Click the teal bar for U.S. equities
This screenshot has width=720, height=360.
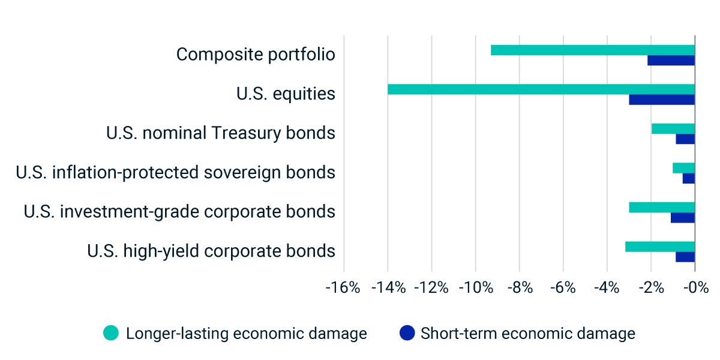point(540,89)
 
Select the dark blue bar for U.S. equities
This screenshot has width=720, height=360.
point(661,100)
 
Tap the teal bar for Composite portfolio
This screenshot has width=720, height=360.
point(592,50)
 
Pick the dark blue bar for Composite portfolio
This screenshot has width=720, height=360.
point(671,61)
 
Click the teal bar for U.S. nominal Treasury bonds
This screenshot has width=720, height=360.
point(673,128)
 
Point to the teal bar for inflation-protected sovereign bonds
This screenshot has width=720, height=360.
point(683,168)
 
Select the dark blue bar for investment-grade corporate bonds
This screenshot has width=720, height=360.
point(682,217)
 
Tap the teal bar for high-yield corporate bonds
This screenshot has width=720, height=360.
point(659,247)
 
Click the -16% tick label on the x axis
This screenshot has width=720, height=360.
point(343,288)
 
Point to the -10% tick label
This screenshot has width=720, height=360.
point(475,288)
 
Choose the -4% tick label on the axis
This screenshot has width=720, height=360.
point(607,288)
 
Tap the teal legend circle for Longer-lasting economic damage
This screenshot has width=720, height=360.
point(112,333)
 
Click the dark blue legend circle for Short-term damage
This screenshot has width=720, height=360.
point(407,333)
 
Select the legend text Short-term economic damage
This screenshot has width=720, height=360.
point(527,333)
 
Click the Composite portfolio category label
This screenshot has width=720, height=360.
point(256,55)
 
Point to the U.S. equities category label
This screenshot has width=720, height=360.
point(286,94)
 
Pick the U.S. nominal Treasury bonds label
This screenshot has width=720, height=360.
point(220,133)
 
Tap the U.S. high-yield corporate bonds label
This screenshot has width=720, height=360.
point(211,251)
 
